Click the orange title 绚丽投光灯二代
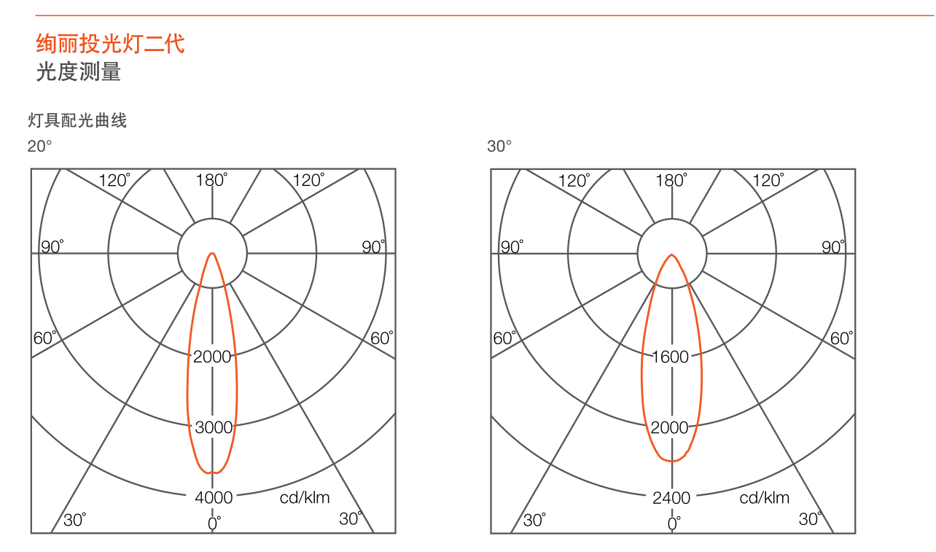(110, 44)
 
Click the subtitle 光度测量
(79, 71)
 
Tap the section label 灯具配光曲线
(77, 120)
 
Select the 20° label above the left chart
(39, 146)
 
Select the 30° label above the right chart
(499, 146)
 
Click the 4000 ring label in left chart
(214, 498)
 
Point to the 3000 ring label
(214, 427)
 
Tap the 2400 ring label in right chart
(671, 498)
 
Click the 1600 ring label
(670, 357)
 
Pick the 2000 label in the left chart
(212, 357)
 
